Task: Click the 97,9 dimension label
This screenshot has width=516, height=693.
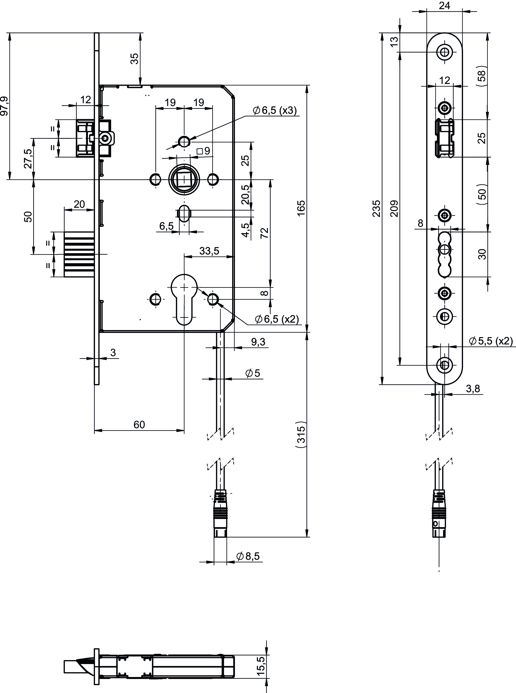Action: [4, 106]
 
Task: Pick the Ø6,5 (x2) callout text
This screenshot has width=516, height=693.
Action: [277, 319]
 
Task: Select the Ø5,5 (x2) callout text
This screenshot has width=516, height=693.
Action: [491, 341]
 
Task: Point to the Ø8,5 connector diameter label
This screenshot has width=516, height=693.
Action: [248, 556]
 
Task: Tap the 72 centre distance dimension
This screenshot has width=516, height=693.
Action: [264, 233]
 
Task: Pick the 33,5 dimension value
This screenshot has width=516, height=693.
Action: [209, 251]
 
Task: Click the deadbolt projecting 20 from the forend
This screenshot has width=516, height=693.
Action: [79, 254]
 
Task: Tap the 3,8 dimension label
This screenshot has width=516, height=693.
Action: [473, 389]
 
